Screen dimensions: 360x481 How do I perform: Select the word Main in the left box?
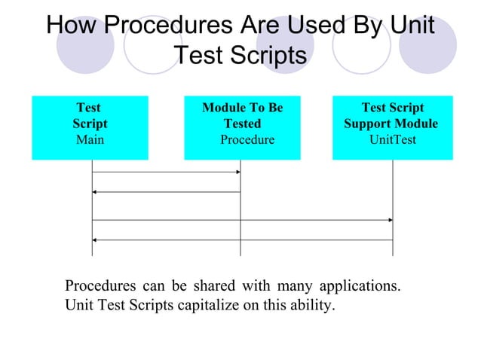(90, 140)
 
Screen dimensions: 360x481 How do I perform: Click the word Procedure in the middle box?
(247, 140)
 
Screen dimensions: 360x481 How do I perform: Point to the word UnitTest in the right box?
(392, 140)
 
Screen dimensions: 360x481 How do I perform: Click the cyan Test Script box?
(90, 127)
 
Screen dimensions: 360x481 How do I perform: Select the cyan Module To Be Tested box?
(242, 127)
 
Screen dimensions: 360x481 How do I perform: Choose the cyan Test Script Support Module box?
(392, 127)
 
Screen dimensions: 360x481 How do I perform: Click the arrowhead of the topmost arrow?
(237, 172)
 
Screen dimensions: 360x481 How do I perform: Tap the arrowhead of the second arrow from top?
(95, 192)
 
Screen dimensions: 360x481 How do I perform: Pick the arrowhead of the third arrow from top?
(390, 220)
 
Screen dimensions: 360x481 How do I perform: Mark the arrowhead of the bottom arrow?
(95, 240)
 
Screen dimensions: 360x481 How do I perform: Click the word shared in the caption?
(214, 287)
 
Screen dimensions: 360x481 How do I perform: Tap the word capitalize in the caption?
(205, 306)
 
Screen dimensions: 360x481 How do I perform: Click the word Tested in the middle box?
(243, 124)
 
